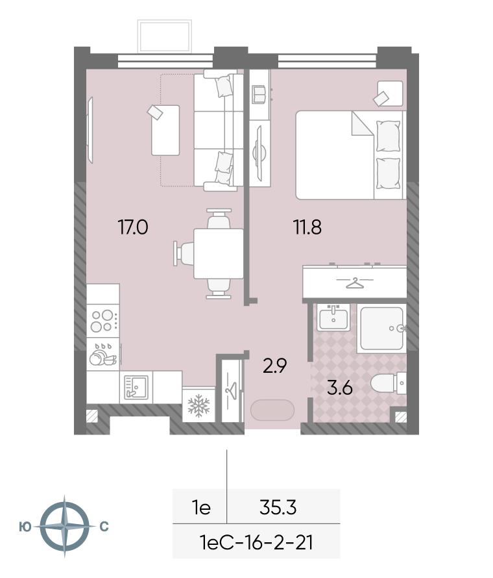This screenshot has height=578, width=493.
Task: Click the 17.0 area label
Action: [x=132, y=227]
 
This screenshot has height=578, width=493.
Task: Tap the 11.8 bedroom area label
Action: [x=307, y=227]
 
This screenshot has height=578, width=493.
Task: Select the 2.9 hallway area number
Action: [x=274, y=366]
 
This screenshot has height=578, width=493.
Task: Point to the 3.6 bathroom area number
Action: [x=340, y=388]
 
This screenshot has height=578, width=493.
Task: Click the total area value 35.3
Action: [x=278, y=508]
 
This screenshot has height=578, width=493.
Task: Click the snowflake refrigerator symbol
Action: [x=198, y=405]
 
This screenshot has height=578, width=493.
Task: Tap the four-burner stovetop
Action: [x=102, y=321]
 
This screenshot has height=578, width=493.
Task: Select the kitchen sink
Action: [x=136, y=388]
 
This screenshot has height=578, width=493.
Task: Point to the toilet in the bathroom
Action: [x=388, y=383]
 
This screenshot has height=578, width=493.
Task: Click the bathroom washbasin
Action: [x=333, y=317]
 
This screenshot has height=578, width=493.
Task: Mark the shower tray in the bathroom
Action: [x=382, y=328]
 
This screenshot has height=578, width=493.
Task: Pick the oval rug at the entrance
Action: [x=272, y=410]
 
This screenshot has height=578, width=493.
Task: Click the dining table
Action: [x=219, y=254]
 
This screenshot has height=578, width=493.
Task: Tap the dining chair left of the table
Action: [x=184, y=253]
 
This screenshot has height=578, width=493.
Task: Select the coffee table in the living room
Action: [x=165, y=131]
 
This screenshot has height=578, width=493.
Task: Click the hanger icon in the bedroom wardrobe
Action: [x=355, y=283]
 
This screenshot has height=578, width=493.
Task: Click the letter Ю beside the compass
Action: [x=25, y=527]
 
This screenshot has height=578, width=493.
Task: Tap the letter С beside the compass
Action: [x=104, y=527]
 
